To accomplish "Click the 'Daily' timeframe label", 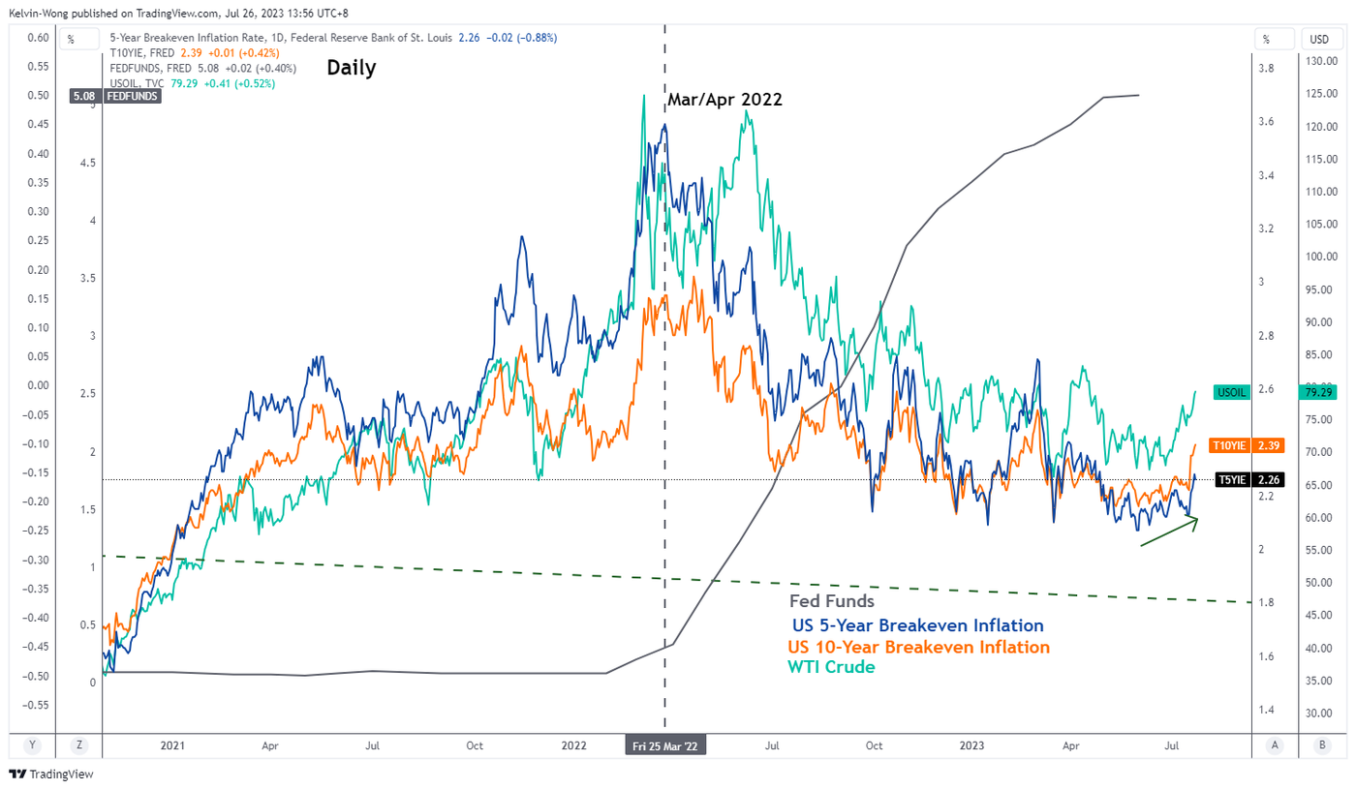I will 352,69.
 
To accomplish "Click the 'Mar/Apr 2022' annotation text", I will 724,100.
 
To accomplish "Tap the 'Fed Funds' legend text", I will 831,601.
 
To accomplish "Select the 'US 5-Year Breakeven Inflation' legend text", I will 917,625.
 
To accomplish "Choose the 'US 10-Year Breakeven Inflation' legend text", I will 918,647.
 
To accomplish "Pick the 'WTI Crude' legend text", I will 831,667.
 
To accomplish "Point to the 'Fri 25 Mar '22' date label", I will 664,746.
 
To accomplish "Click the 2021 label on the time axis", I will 171,746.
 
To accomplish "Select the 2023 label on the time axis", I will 971,746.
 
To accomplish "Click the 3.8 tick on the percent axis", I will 1265,69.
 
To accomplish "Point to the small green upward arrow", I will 1170,532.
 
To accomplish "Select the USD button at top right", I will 1319,40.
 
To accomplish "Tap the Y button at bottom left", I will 33,745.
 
